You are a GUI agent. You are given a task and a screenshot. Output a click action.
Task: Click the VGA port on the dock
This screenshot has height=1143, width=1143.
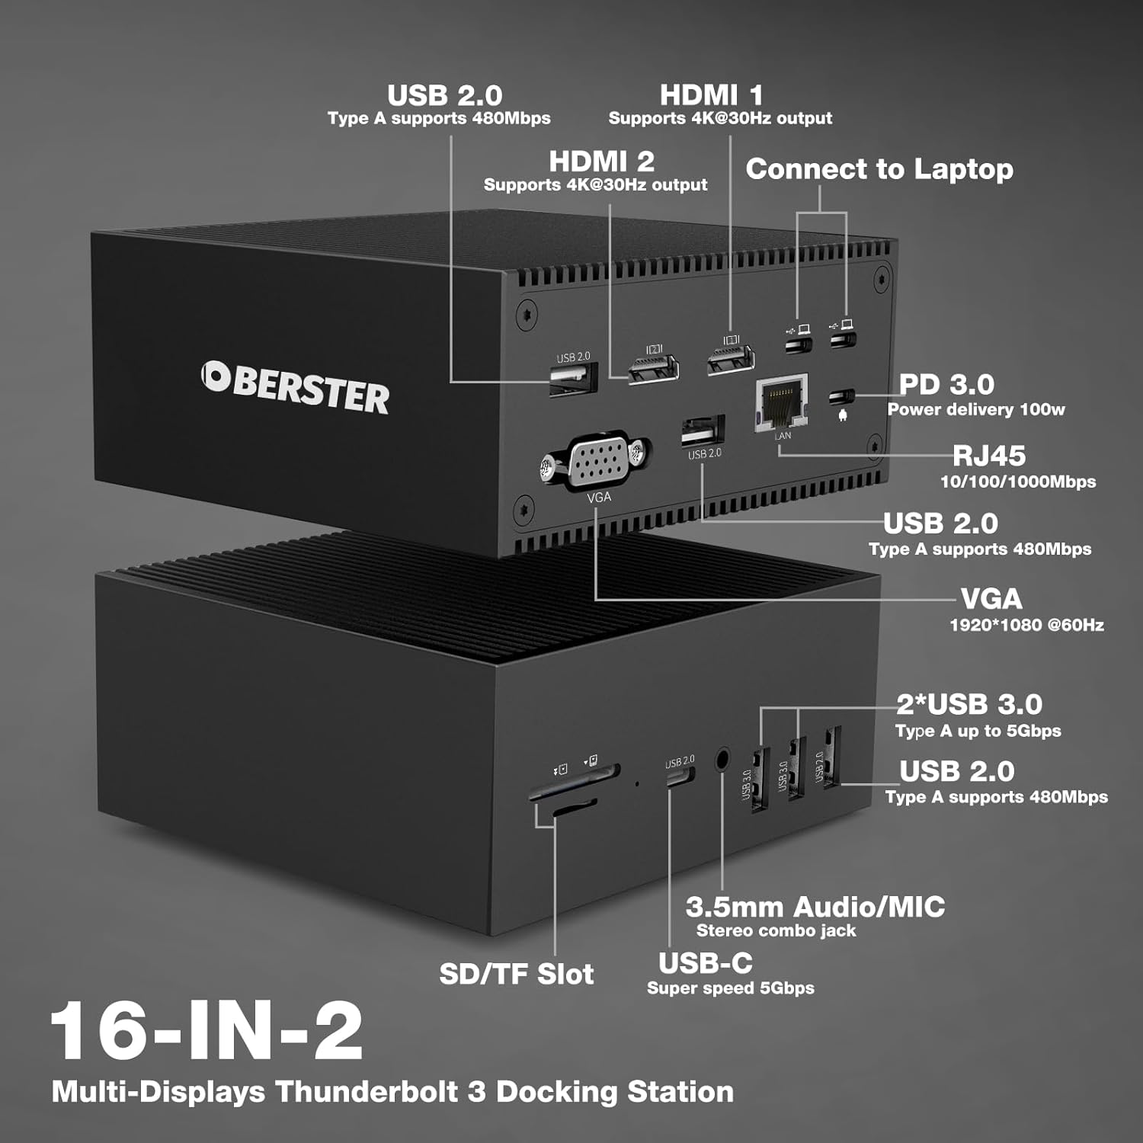point(599,460)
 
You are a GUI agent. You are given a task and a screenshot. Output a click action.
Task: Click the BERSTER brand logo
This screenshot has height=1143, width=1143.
point(296,388)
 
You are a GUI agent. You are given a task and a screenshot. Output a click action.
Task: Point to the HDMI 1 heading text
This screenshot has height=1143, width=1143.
point(711,95)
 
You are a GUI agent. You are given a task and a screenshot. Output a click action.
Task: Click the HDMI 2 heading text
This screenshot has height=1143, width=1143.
point(601,162)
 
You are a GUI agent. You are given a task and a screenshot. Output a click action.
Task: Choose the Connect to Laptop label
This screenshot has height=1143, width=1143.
point(879,168)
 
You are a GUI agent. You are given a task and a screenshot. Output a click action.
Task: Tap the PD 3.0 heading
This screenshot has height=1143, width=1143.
point(946,384)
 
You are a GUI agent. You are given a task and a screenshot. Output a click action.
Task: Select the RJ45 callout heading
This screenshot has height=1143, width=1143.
point(989,456)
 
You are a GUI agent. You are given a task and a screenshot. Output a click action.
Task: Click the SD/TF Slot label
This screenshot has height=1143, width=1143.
point(517,973)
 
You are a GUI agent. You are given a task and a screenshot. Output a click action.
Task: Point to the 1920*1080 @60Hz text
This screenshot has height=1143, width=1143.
point(1026,625)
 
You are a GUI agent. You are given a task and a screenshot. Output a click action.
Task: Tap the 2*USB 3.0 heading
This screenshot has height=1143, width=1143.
point(969,704)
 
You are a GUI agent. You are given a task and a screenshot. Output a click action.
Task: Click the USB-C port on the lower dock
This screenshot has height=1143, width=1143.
point(680,776)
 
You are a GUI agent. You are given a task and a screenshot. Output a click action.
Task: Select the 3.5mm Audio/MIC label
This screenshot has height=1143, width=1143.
point(815,907)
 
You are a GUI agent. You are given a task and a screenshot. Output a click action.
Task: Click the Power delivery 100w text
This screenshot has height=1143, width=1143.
point(975,409)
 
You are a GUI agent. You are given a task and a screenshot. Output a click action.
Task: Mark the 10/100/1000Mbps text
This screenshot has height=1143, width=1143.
point(1018,482)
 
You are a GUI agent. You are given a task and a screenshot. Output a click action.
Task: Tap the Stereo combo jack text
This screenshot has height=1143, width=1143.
point(776,930)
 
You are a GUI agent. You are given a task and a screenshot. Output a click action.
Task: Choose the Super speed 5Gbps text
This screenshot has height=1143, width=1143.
point(730,988)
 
